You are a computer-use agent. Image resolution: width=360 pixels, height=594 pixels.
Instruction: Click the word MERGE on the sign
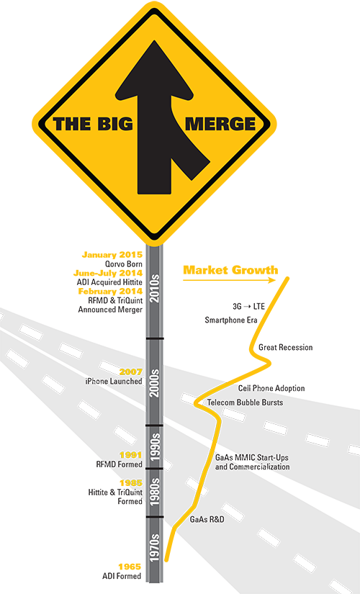[220, 124]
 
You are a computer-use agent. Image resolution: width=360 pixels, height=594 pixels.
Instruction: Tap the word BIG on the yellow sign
[114, 124]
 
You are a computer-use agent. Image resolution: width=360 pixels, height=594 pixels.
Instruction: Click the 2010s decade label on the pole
[155, 289]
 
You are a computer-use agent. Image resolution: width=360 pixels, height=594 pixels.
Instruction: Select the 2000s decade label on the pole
[155, 382]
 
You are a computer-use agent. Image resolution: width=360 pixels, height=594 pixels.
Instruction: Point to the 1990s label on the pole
[155, 447]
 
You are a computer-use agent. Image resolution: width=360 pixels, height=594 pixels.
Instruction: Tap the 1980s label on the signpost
[155, 492]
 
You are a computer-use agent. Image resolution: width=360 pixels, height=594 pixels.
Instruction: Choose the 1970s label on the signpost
[155, 548]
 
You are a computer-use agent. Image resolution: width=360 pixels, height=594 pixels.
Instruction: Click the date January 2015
[112, 255]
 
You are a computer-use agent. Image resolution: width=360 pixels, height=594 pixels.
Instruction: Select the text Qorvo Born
[124, 264]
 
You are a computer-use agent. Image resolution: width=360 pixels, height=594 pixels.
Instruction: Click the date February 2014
[110, 292]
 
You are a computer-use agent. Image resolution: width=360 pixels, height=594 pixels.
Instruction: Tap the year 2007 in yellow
[131, 372]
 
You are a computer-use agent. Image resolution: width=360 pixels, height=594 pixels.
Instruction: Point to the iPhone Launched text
[114, 382]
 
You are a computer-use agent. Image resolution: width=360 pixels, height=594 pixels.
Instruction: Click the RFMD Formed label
[120, 464]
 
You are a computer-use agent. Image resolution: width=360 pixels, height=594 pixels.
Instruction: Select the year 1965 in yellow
[130, 567]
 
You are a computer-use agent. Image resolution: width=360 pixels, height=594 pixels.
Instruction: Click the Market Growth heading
[230, 270]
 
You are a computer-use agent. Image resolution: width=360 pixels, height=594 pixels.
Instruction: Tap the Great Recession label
[286, 347]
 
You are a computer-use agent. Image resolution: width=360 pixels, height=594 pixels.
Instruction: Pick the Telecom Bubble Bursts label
[246, 402]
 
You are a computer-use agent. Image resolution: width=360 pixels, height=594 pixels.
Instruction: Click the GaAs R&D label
[207, 519]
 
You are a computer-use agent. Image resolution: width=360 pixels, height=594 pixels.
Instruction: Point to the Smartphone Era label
[231, 320]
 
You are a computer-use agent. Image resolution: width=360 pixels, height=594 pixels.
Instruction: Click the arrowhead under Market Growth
[272, 280]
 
